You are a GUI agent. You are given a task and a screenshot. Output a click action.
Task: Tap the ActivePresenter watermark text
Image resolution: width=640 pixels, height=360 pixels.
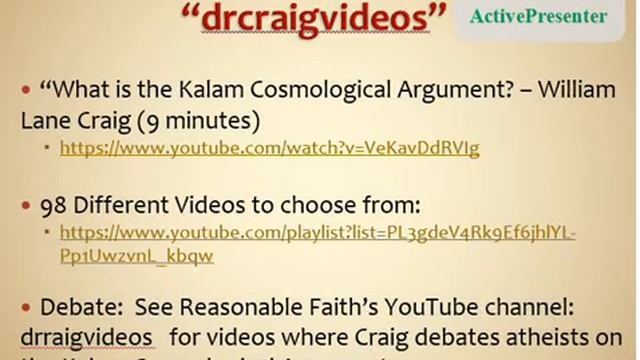click(551, 17)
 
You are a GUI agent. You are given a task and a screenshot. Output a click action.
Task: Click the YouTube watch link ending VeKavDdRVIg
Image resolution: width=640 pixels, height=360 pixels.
click(269, 148)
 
